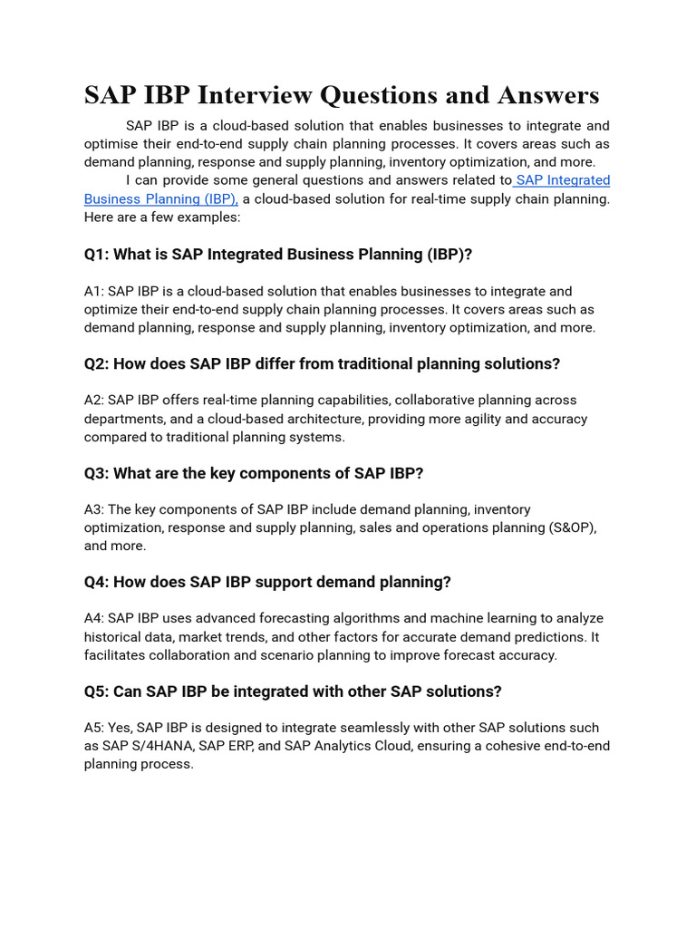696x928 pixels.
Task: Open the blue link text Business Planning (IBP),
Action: pos(160,198)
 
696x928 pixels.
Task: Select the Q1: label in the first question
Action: pos(97,255)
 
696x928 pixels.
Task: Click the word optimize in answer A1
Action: pos(111,310)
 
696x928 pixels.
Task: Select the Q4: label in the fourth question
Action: pos(97,582)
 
